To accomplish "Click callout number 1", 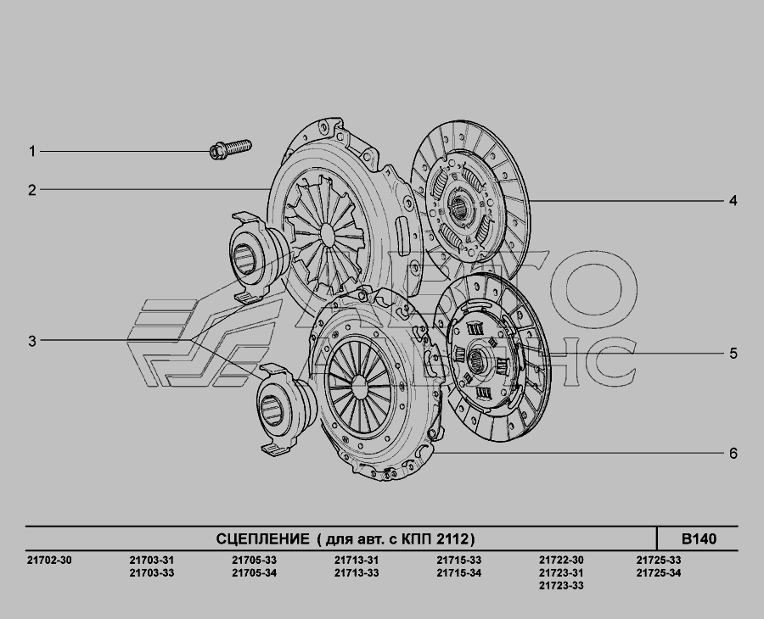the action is pyautogui.click(x=32, y=151).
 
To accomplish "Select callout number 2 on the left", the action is pyautogui.click(x=32, y=190).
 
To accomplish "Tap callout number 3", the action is pyautogui.click(x=32, y=341).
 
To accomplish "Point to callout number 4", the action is pyautogui.click(x=733, y=200).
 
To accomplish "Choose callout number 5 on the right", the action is pyautogui.click(x=733, y=354).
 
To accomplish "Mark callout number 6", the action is pyautogui.click(x=733, y=454).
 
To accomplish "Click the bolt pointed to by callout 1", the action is pyautogui.click(x=230, y=149).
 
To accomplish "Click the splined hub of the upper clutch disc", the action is pyautogui.click(x=458, y=208).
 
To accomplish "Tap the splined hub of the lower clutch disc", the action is pyautogui.click(x=476, y=360).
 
